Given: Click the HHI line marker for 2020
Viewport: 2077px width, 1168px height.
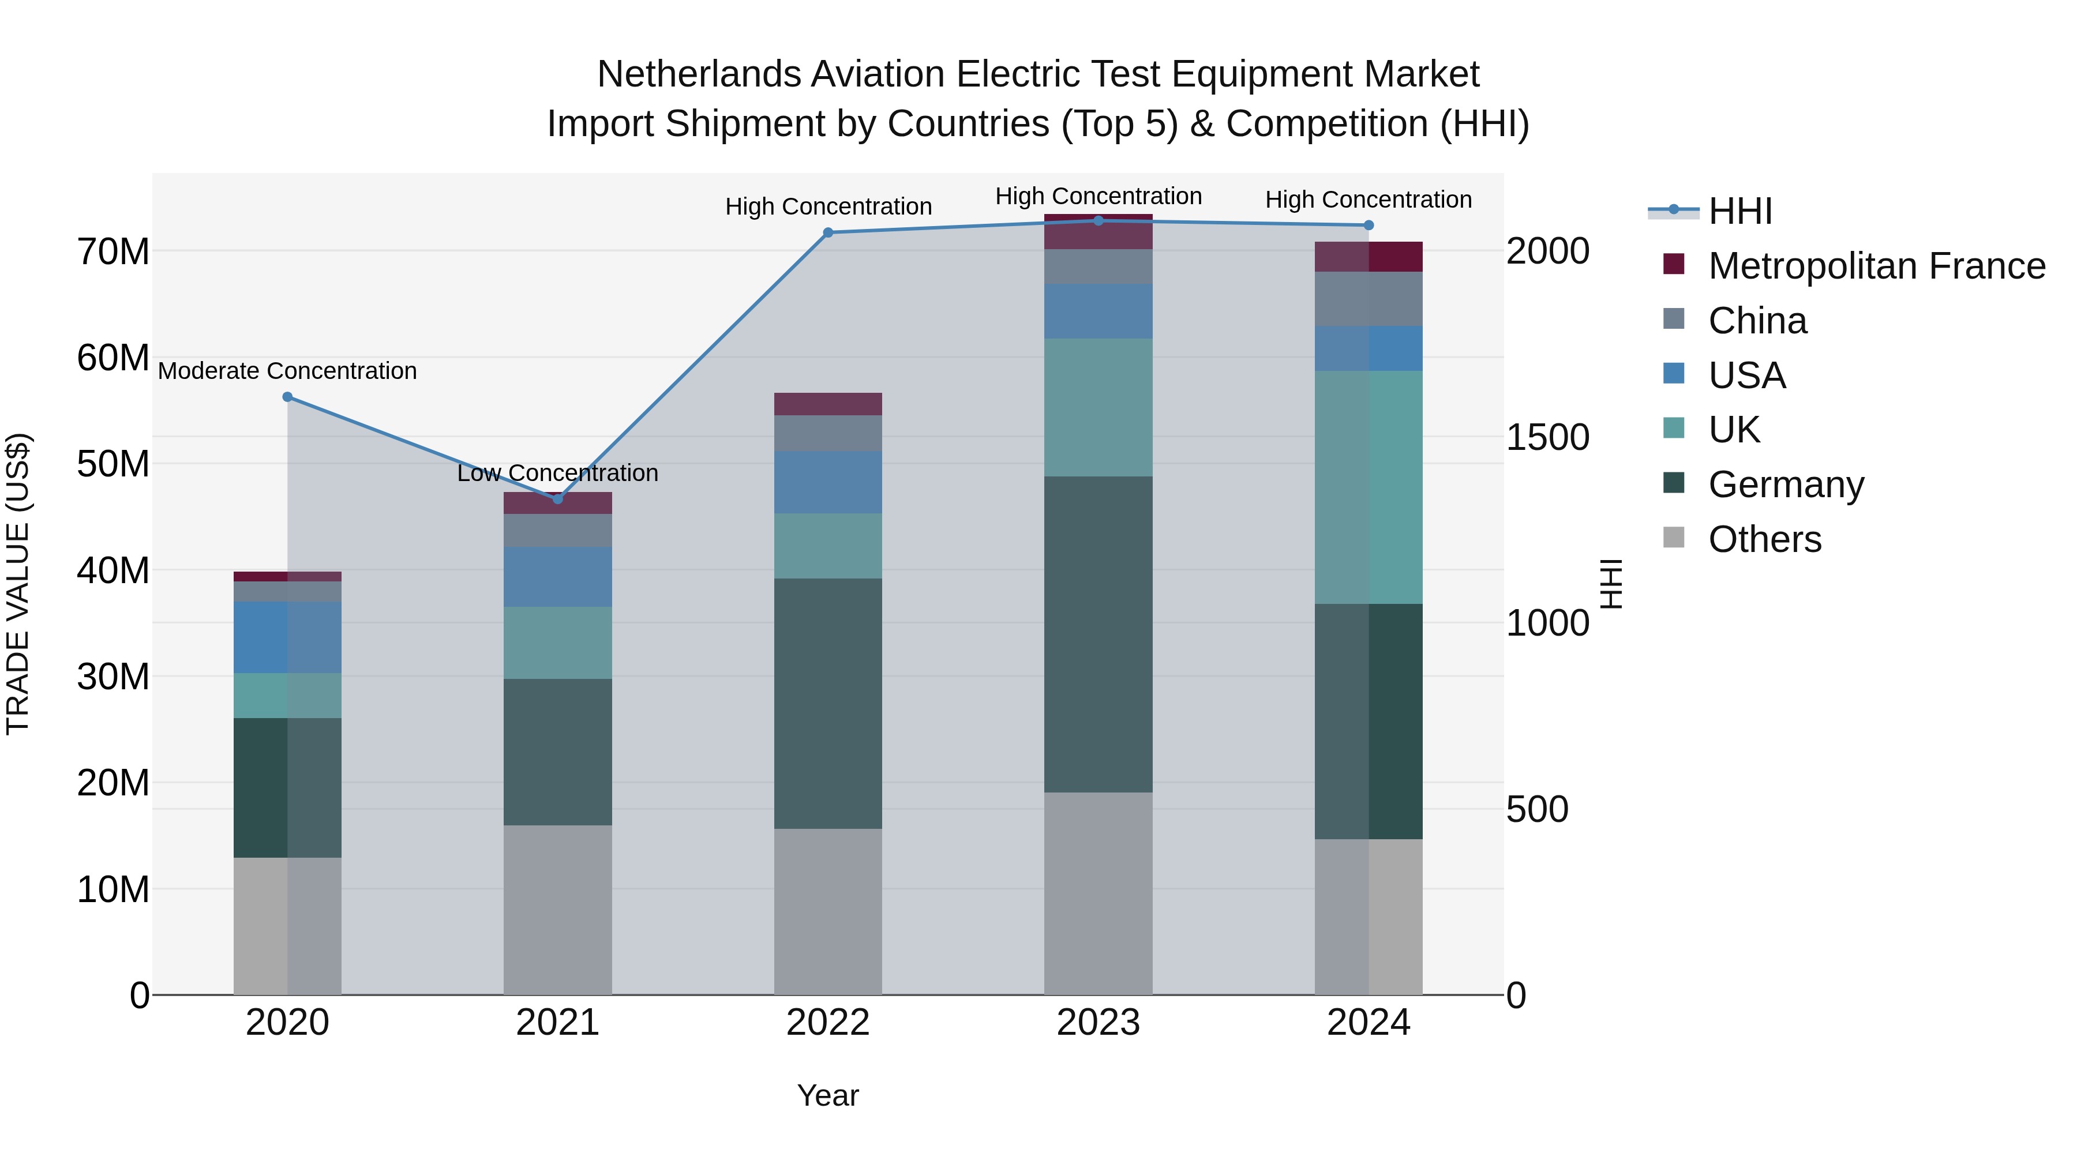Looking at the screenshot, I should click(x=288, y=397).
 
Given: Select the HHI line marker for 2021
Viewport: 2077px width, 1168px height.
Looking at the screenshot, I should click(x=557, y=499).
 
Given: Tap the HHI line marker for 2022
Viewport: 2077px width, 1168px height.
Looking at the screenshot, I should click(x=828, y=233).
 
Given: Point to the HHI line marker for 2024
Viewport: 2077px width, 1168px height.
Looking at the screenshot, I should click(x=1369, y=226).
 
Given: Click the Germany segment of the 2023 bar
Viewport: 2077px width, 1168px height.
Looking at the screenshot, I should click(x=1098, y=634).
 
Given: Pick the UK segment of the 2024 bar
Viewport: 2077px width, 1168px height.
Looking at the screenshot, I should click(x=1369, y=487).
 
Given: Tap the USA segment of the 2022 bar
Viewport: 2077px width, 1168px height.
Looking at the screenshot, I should click(x=828, y=482).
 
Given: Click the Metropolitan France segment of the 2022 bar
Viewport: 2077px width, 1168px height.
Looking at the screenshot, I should click(x=828, y=404).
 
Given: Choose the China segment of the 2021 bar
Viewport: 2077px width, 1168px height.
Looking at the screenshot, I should click(x=557, y=531).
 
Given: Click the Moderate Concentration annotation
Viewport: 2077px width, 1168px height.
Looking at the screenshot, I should click(x=288, y=371).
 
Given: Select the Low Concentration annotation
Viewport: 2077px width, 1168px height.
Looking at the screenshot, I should click(x=557, y=473).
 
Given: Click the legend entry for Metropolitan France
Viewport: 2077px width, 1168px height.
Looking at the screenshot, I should click(x=1876, y=266).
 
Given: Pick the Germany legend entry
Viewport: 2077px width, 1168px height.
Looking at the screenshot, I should click(x=1786, y=485).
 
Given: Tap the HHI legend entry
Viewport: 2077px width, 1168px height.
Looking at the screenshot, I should click(x=1740, y=211).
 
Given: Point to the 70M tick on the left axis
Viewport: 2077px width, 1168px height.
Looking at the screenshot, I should click(x=113, y=251).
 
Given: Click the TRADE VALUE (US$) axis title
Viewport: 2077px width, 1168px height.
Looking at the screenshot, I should click(x=18, y=584).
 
